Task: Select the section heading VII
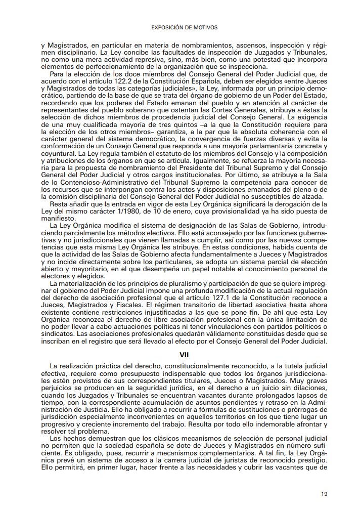click(184, 355)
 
